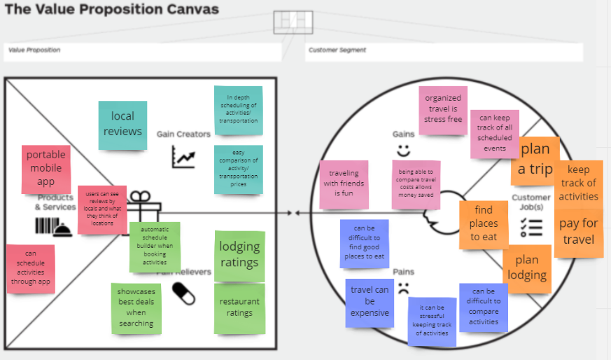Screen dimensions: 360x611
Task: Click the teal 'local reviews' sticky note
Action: point(122,125)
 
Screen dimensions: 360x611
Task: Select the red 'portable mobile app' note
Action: point(45,168)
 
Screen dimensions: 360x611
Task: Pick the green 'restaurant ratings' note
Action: point(239,307)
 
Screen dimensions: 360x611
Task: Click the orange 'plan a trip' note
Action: point(535,159)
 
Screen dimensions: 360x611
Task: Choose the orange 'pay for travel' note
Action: point(578,232)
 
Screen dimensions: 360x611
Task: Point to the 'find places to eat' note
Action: point(484,223)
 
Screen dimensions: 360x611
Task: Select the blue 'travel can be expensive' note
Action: point(370,301)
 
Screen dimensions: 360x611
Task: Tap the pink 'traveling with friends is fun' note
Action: point(343,184)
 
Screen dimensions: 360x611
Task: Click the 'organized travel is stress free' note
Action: point(443,109)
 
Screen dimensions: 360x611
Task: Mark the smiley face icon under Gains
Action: point(403,150)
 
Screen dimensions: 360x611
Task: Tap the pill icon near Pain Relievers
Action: point(183,293)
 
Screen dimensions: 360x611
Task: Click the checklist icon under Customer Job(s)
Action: point(532,227)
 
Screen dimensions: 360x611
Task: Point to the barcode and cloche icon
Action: point(52,226)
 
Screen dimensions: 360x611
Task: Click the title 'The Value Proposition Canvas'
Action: point(112,10)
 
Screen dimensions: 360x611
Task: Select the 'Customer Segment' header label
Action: point(337,50)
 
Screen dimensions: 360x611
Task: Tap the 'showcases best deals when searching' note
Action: point(136,307)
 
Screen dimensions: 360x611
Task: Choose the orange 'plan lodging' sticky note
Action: point(527,267)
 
